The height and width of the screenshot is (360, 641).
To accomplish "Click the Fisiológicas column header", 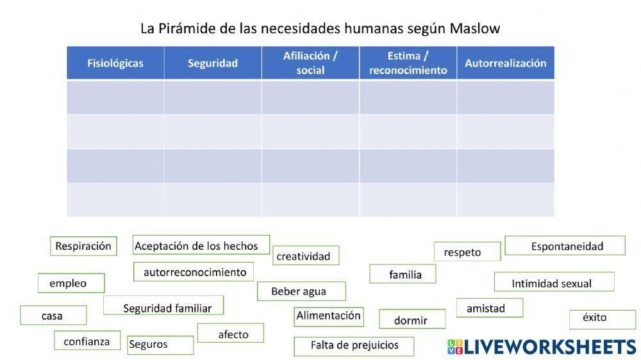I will pos(115,63).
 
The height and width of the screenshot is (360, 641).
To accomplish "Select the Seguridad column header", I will pos(213,63).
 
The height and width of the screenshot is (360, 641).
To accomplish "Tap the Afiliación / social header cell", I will pos(310,63).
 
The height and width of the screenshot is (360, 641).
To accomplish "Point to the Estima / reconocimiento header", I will pos(408,63).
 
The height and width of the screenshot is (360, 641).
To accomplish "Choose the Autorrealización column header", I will pos(505,63).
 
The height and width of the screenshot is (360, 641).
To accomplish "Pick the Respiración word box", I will pos(83,246).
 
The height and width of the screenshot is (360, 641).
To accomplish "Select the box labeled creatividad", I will pos(305,256).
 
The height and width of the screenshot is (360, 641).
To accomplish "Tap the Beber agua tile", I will pos(301,291).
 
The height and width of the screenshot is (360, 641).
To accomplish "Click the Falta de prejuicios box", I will pos(354,346).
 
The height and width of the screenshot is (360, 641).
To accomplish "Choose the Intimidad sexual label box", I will pos(553,282).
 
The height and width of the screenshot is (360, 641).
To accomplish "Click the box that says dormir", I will pos(412,320).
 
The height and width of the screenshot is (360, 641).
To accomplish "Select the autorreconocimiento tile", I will pos(194,272).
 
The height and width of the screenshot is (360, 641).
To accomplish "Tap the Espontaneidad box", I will pos(565,246).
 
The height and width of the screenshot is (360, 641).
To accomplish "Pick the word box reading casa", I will pos(53,316).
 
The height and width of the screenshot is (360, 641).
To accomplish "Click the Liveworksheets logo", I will pos(541,347).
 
